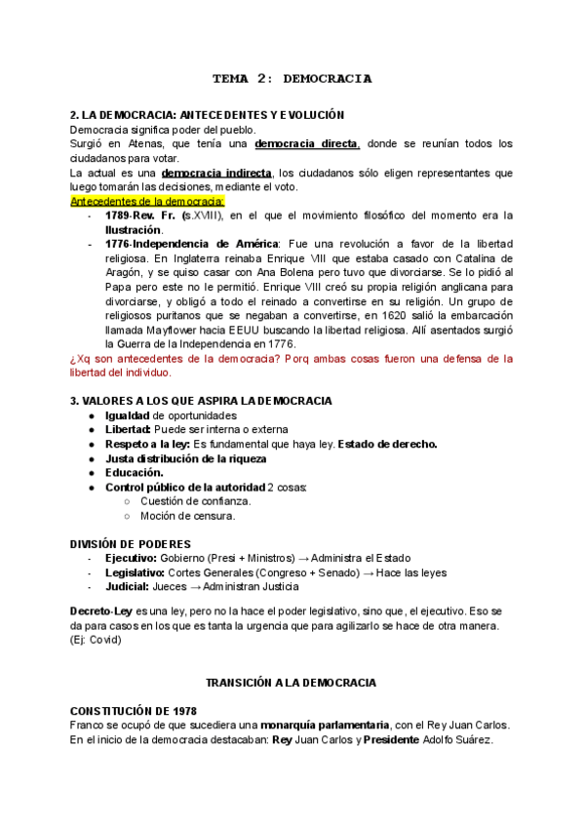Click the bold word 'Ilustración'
[134, 229]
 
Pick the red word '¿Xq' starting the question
[81, 359]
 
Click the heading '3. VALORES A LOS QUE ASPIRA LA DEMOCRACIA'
[201, 401]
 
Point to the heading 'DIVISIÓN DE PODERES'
[130, 543]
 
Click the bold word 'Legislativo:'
[135, 572]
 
